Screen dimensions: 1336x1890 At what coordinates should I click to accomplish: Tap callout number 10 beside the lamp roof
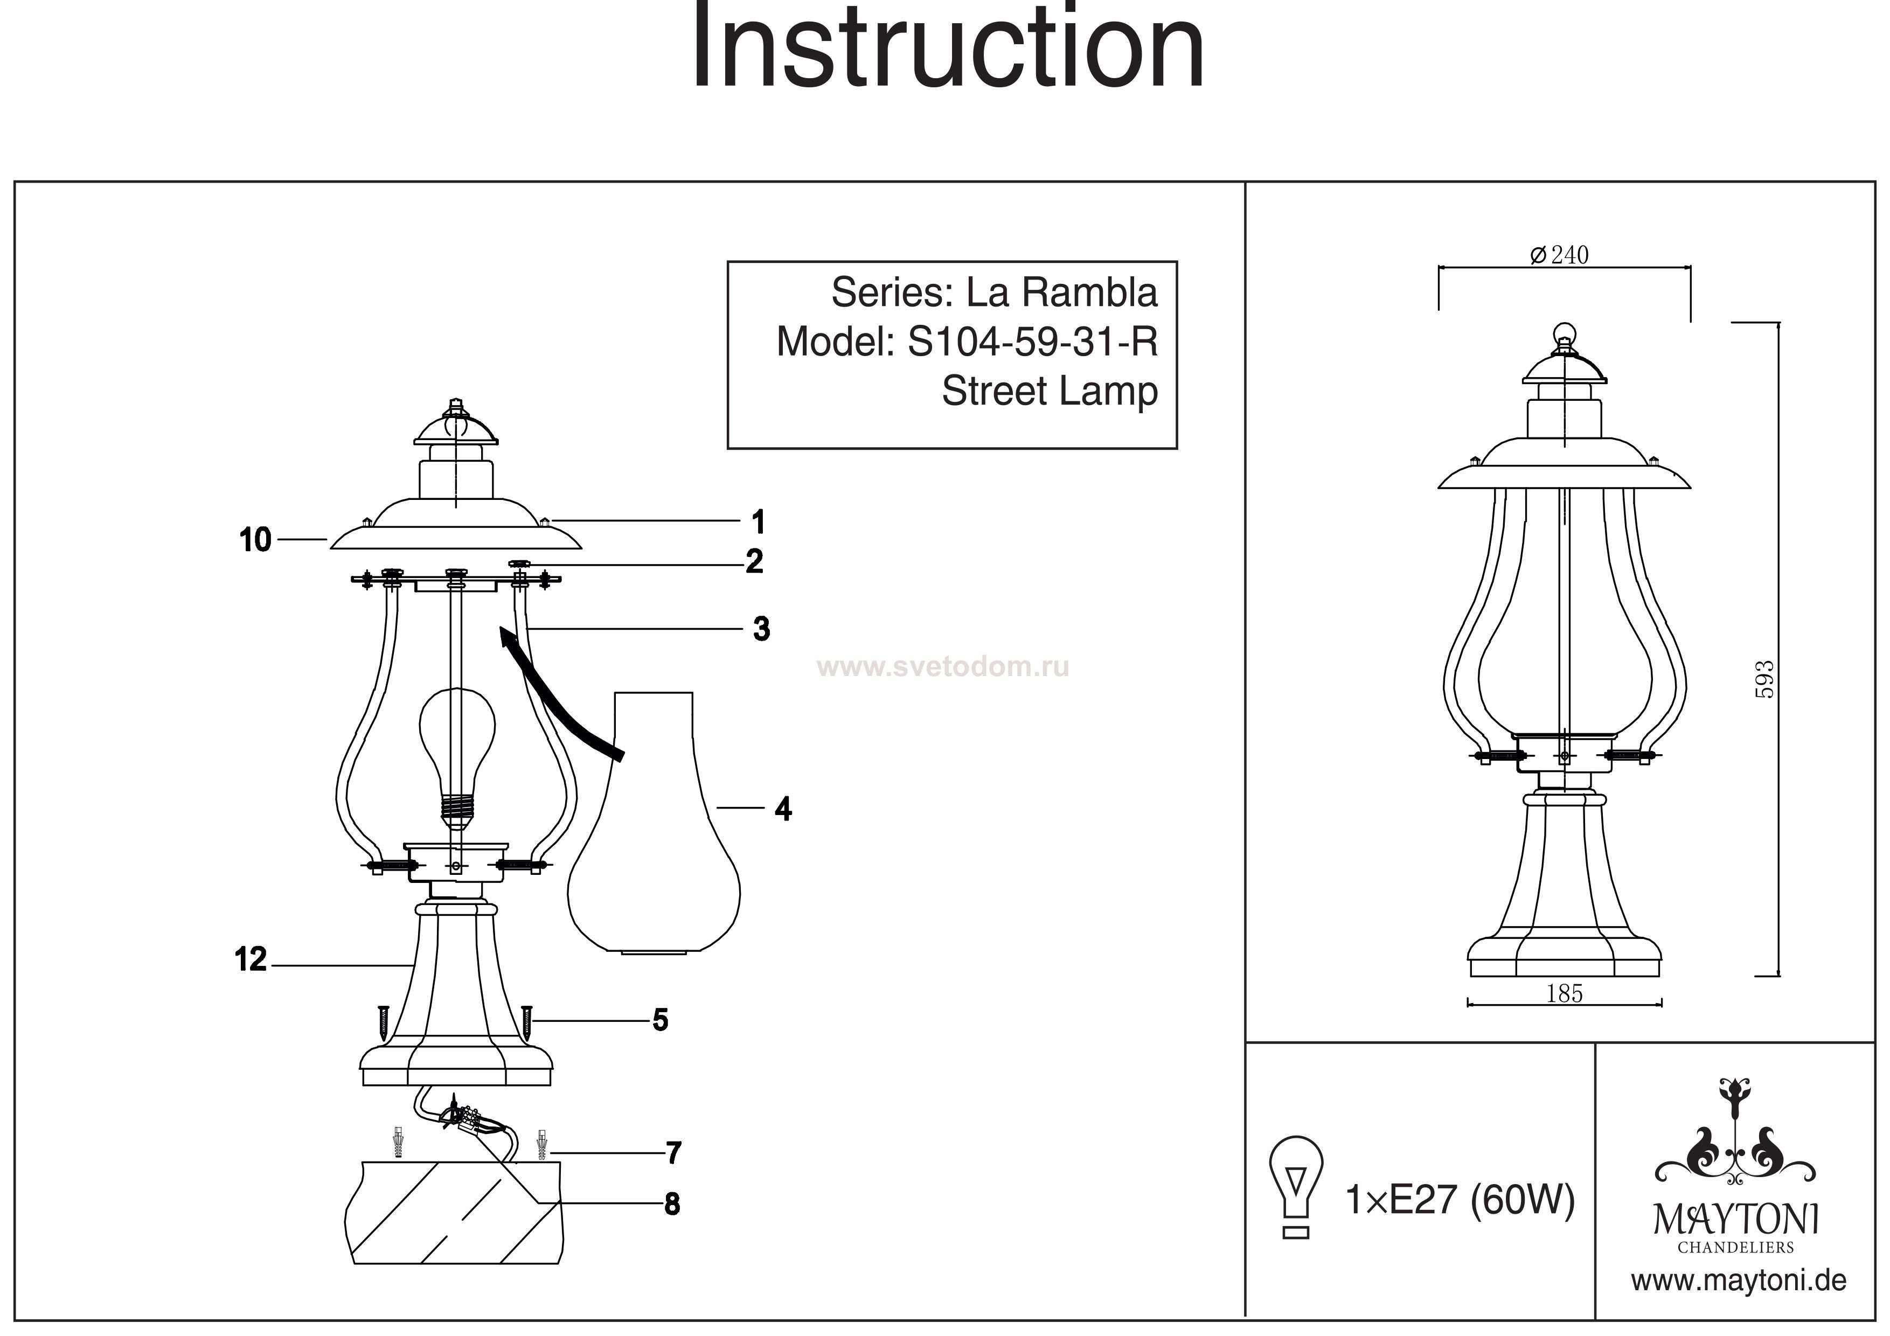[x=255, y=540]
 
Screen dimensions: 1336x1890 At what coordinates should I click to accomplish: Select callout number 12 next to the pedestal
[x=251, y=960]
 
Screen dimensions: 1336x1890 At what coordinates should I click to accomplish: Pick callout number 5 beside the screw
[x=660, y=1021]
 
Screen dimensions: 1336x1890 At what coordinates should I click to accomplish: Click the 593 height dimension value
[x=1763, y=679]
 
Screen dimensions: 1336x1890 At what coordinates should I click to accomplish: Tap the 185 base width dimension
[x=1564, y=994]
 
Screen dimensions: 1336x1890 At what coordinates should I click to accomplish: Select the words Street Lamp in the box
[x=1050, y=392]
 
